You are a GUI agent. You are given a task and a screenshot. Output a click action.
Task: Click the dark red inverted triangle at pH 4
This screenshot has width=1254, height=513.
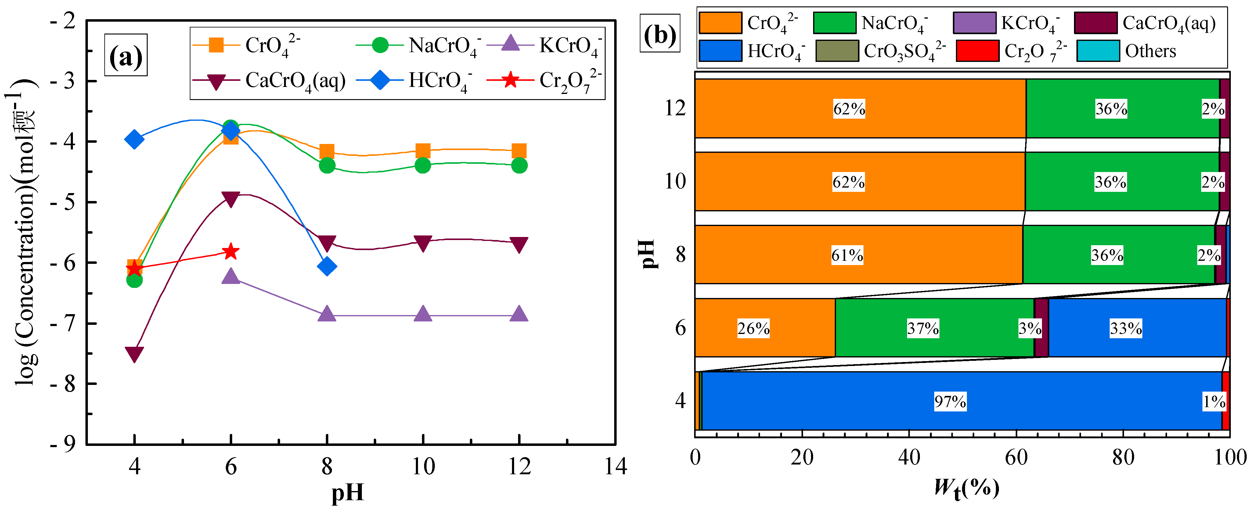(x=134, y=353)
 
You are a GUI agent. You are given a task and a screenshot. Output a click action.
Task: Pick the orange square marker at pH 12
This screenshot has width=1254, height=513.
(x=519, y=151)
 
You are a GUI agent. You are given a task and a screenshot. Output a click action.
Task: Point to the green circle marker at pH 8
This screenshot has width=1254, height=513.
(x=327, y=166)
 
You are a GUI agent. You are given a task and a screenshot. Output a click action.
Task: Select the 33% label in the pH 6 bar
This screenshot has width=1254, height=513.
(x=1126, y=328)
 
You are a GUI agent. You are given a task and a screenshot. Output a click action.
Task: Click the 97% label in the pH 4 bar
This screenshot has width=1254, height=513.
(x=950, y=402)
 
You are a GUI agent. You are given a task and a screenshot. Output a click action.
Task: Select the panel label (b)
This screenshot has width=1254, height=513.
(x=660, y=35)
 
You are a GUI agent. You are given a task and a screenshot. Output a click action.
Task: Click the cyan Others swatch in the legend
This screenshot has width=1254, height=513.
(x=1098, y=51)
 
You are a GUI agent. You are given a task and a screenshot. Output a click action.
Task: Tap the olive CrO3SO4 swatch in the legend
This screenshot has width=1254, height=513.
(x=837, y=51)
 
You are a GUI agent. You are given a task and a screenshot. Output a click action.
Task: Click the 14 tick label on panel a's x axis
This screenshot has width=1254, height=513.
(x=615, y=466)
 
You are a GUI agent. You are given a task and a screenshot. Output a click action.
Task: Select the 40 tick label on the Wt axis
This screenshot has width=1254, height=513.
(x=909, y=457)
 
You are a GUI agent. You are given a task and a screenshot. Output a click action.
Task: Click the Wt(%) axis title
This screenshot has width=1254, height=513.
(x=966, y=488)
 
